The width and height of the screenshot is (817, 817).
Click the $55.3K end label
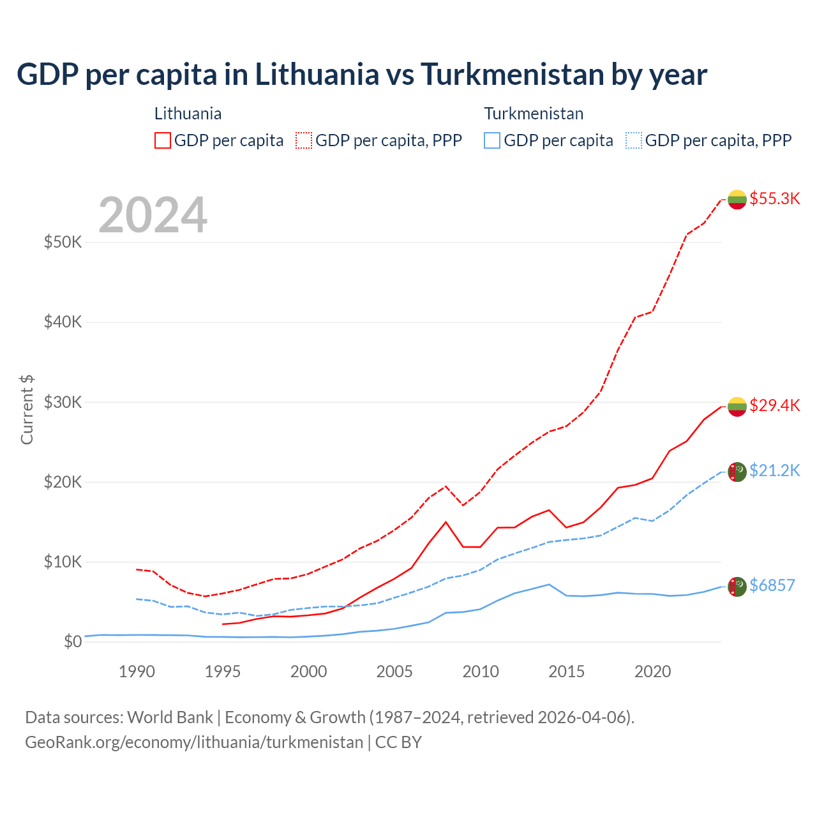point(774,199)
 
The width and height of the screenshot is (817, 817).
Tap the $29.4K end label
point(774,405)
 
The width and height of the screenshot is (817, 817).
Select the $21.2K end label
point(774,470)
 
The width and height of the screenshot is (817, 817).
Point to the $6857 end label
point(772,585)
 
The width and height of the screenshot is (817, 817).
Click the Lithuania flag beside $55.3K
point(737,199)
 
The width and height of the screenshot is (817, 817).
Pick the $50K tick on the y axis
point(63,243)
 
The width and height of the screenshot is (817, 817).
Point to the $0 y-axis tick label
point(73,641)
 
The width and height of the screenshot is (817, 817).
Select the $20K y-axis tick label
point(63,482)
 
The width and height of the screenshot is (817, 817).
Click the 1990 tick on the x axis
point(137,671)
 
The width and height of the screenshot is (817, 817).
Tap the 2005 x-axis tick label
point(394,671)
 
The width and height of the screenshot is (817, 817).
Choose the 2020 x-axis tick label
point(652,671)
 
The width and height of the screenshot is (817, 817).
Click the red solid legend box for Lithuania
point(163,140)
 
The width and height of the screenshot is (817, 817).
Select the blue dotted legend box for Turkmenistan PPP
point(634,140)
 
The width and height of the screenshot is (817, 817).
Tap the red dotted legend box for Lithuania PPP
point(304,140)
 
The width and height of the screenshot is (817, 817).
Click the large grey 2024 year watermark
point(153,215)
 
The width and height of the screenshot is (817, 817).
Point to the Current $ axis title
point(27,410)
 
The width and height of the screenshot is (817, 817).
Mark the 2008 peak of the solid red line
point(446,522)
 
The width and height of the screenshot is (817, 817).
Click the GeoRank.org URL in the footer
point(194,742)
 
